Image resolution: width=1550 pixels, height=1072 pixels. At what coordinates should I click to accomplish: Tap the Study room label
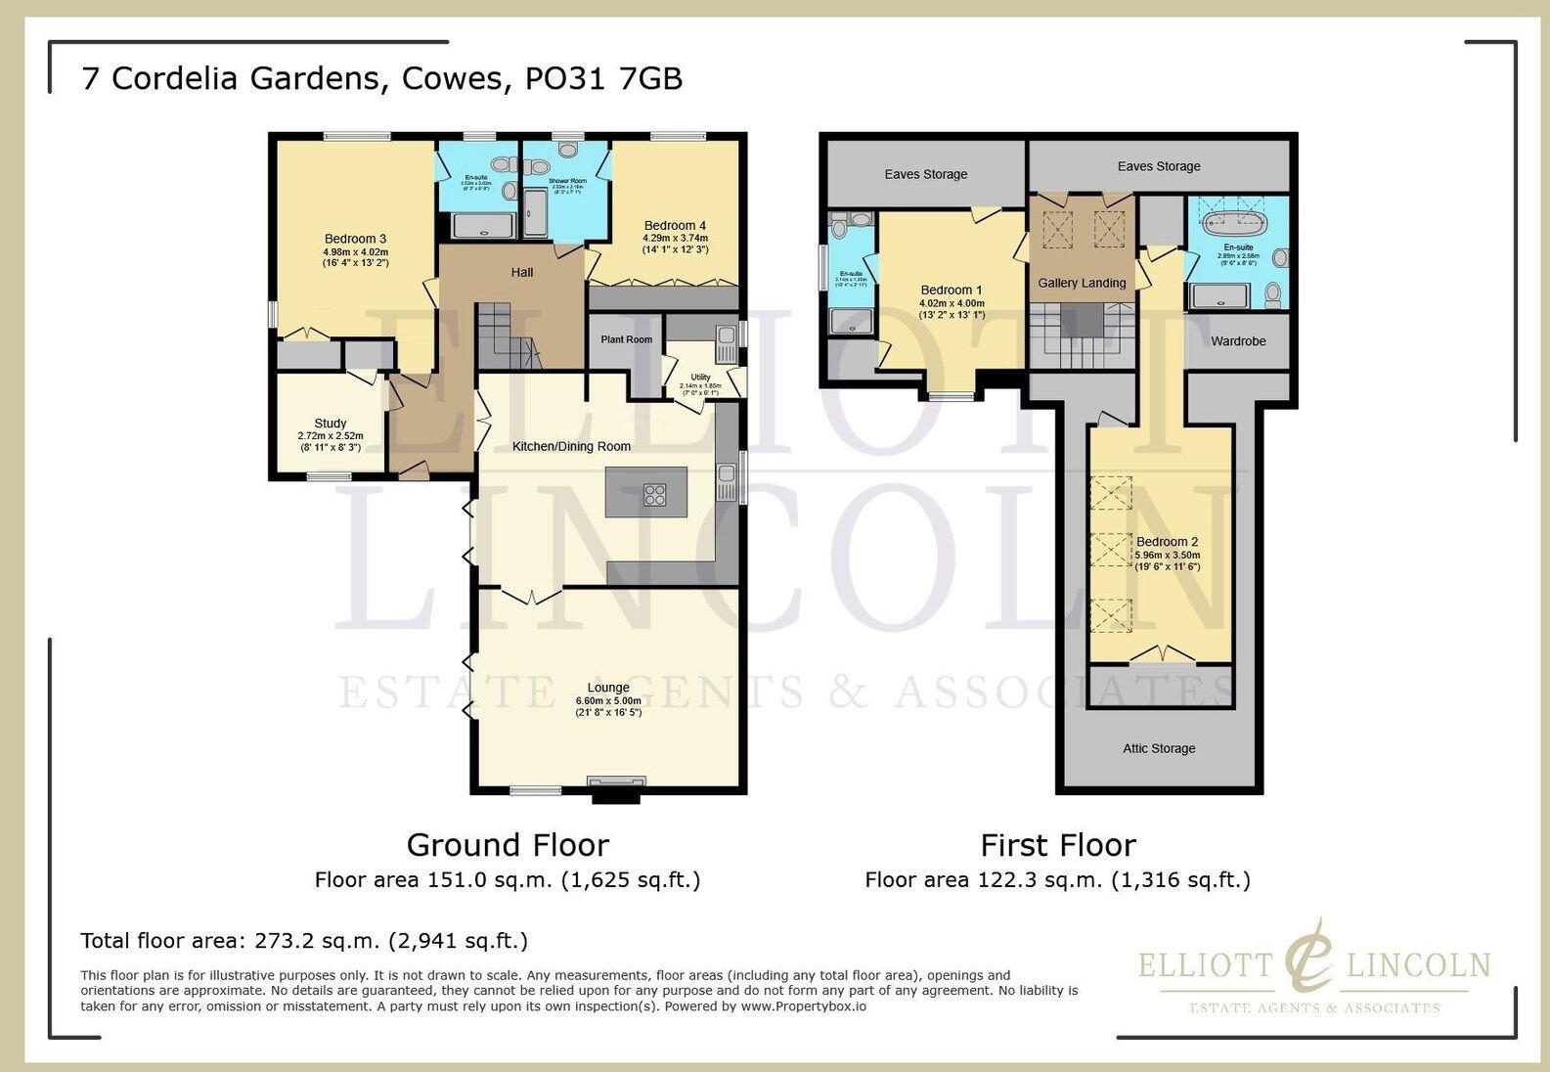click(x=331, y=424)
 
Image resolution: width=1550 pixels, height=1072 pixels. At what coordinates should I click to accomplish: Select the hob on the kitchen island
click(x=654, y=495)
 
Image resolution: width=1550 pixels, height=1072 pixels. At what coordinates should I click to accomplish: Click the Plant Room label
click(x=626, y=339)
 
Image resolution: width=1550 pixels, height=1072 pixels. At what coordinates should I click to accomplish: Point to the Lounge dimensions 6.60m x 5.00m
click(x=608, y=700)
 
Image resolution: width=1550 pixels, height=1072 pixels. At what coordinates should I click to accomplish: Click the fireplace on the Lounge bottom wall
click(x=616, y=782)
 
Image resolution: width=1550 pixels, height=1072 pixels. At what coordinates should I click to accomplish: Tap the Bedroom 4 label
click(x=675, y=226)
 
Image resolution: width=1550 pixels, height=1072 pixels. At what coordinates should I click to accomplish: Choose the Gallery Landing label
click(x=1082, y=283)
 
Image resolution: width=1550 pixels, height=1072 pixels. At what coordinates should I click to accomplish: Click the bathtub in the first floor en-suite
click(x=1235, y=221)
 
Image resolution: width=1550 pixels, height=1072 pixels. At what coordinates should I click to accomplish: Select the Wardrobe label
click(x=1238, y=341)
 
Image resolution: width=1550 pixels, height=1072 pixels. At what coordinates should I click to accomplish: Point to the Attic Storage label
click(x=1159, y=748)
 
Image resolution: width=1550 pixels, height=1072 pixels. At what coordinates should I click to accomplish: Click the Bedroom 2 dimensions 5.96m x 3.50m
click(x=1167, y=555)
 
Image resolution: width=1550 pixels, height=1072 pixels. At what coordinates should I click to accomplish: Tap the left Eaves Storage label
click(x=925, y=174)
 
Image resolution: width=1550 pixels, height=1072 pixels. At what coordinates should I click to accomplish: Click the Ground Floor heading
click(x=508, y=844)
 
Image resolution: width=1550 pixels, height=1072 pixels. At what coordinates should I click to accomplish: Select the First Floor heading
click(x=1057, y=844)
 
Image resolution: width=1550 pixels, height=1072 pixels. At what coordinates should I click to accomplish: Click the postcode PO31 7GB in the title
click(x=603, y=78)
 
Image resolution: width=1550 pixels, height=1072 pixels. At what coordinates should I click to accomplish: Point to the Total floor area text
click(x=304, y=941)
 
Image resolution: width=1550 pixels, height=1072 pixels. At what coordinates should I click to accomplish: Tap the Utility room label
click(x=700, y=377)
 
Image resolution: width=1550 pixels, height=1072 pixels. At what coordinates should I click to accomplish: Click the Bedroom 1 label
click(x=952, y=290)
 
